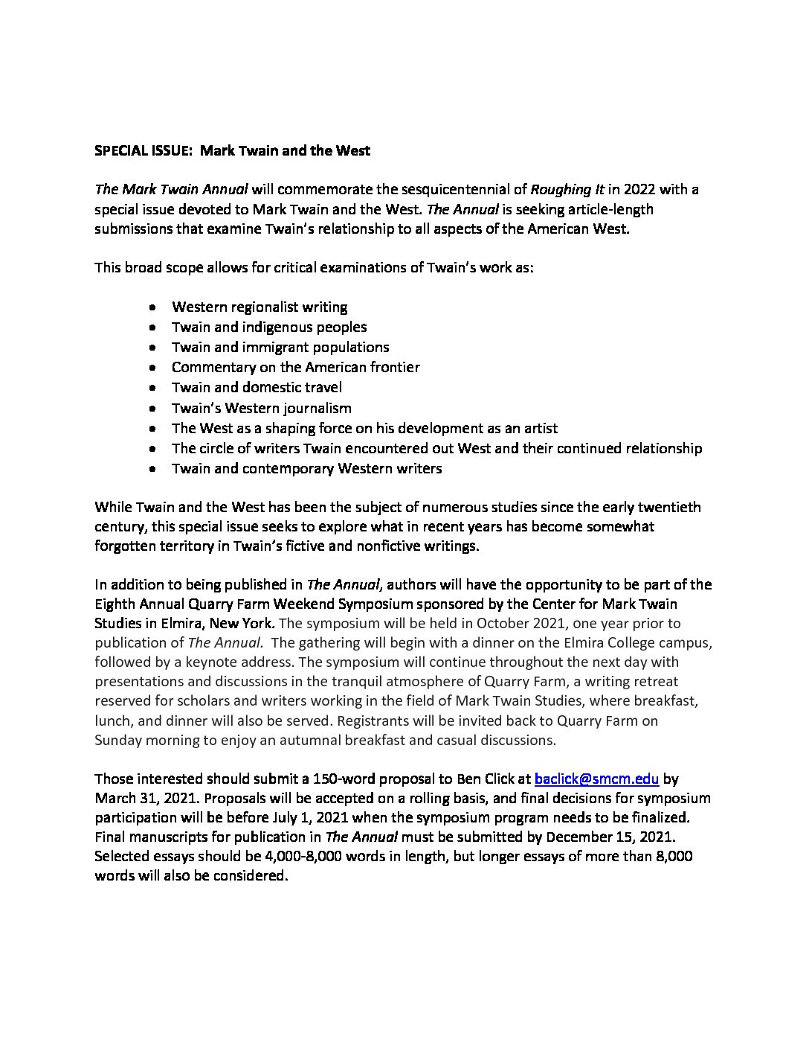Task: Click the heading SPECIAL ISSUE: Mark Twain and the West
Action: (x=232, y=151)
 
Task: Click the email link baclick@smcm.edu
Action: (x=596, y=779)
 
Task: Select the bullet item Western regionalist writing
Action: (x=260, y=307)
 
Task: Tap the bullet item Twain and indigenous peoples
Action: (x=269, y=327)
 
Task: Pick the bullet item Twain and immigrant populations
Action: (x=280, y=347)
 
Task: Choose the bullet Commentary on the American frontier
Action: (x=295, y=367)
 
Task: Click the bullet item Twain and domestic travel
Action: (x=257, y=387)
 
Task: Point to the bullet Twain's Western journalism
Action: (x=261, y=408)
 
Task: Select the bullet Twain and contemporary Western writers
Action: (x=306, y=468)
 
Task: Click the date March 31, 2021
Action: (x=147, y=799)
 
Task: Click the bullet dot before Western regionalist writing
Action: (x=152, y=307)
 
